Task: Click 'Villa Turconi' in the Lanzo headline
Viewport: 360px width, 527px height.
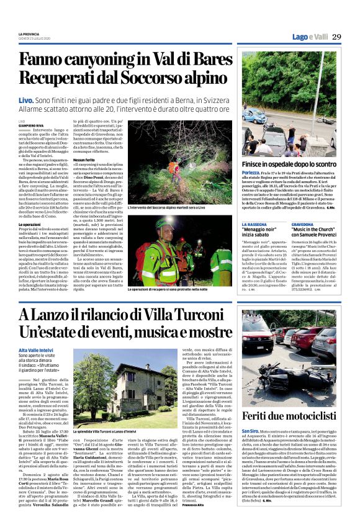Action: [x=183, y=315]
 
